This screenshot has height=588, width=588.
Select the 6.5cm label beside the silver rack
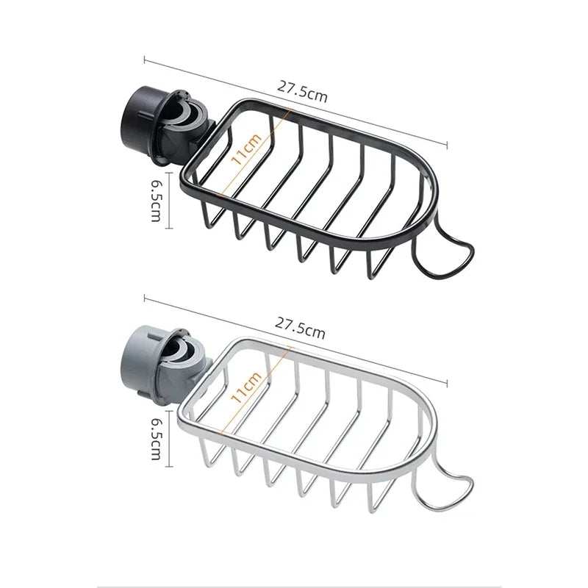tap(156, 438)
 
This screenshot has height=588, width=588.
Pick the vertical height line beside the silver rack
tap(170, 438)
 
